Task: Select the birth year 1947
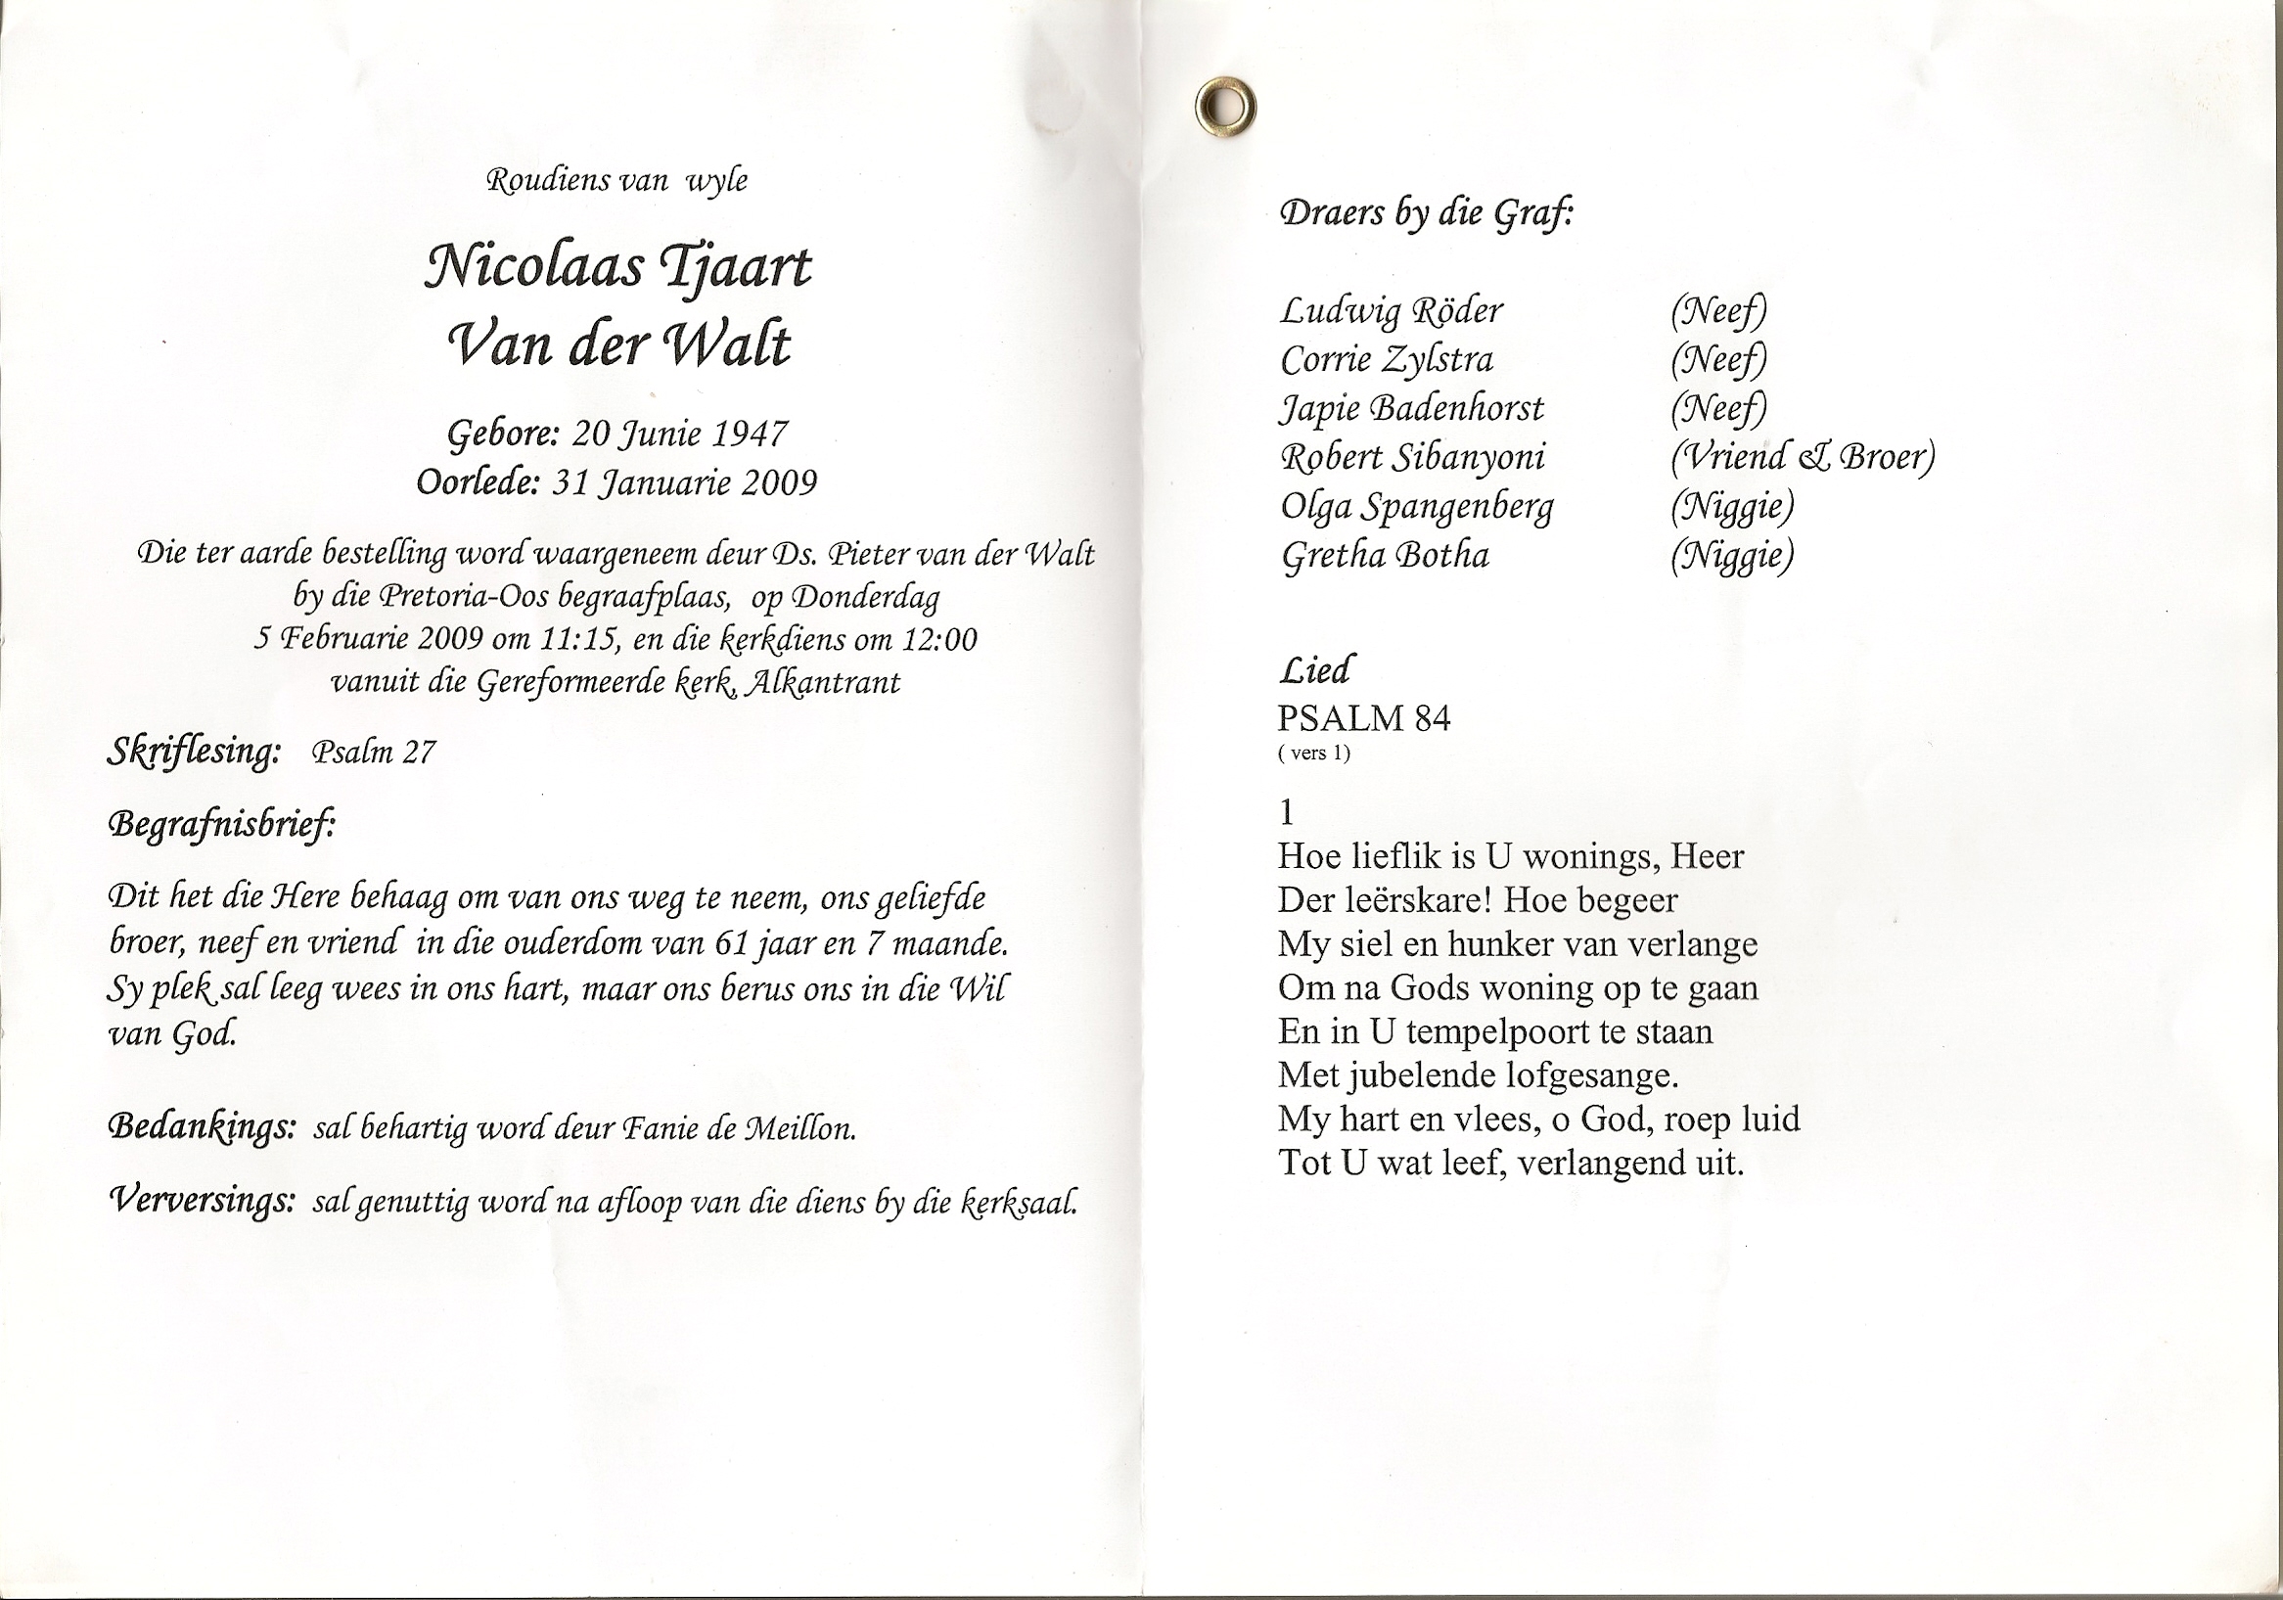pos(752,434)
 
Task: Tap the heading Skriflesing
pos(194,753)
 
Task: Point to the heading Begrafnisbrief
pos(221,825)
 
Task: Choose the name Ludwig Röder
pos(1392,311)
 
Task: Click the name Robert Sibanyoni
pos(1412,457)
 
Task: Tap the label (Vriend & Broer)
pos(1802,457)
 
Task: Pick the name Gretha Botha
pos(1385,555)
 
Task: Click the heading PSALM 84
pos(1363,718)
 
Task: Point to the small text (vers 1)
pos(1313,753)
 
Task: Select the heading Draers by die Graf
pos(1427,213)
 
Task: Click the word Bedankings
pos(202,1126)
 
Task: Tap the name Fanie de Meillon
pos(738,1129)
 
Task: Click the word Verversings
pos(202,1201)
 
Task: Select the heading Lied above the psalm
pos(1314,670)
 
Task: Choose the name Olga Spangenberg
pos(1416,507)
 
